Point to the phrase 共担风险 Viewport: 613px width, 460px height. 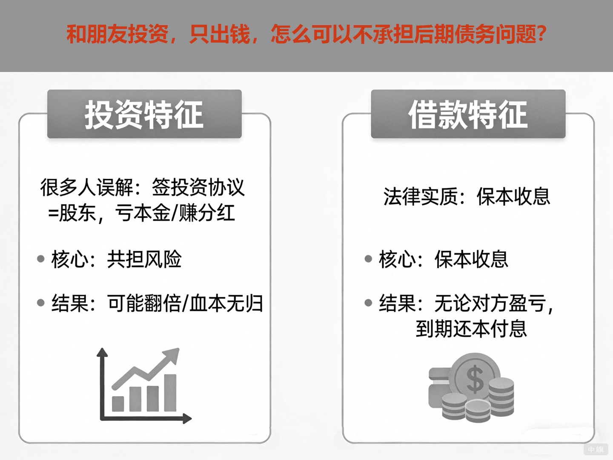[x=144, y=259]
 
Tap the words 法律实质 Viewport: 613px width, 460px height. [x=420, y=196]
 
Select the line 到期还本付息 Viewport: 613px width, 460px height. [x=471, y=329]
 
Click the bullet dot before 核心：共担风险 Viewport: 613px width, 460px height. [x=41, y=259]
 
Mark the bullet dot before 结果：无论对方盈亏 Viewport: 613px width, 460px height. [x=369, y=303]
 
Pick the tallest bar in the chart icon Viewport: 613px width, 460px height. [x=170, y=392]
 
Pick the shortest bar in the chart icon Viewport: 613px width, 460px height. [x=118, y=403]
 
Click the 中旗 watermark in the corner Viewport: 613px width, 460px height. [x=596, y=449]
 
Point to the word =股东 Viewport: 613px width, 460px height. [x=72, y=213]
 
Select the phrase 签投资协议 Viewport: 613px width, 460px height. [x=198, y=187]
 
